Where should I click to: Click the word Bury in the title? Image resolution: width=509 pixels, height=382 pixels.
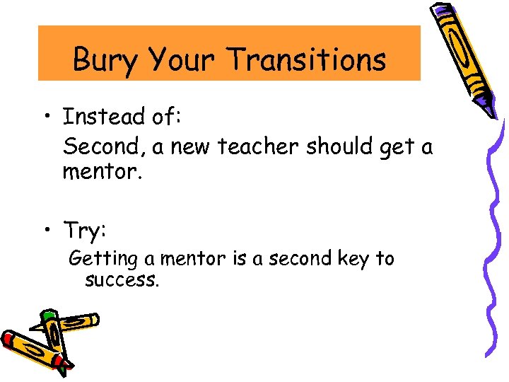(105, 59)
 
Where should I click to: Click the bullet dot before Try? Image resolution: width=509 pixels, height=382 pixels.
(48, 231)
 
